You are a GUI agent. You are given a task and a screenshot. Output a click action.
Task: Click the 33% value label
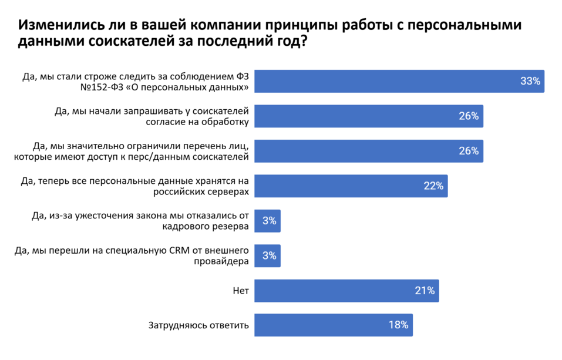pyautogui.click(x=530, y=82)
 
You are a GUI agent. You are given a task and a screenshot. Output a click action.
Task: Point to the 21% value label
pyautogui.click(x=425, y=290)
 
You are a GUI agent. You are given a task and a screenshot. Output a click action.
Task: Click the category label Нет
pyautogui.click(x=241, y=290)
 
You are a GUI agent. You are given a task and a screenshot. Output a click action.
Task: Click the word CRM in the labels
pyautogui.click(x=180, y=251)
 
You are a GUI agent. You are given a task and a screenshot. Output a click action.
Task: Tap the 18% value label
pyautogui.click(x=398, y=325)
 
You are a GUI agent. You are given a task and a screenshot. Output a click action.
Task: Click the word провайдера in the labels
pyautogui.click(x=221, y=262)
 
